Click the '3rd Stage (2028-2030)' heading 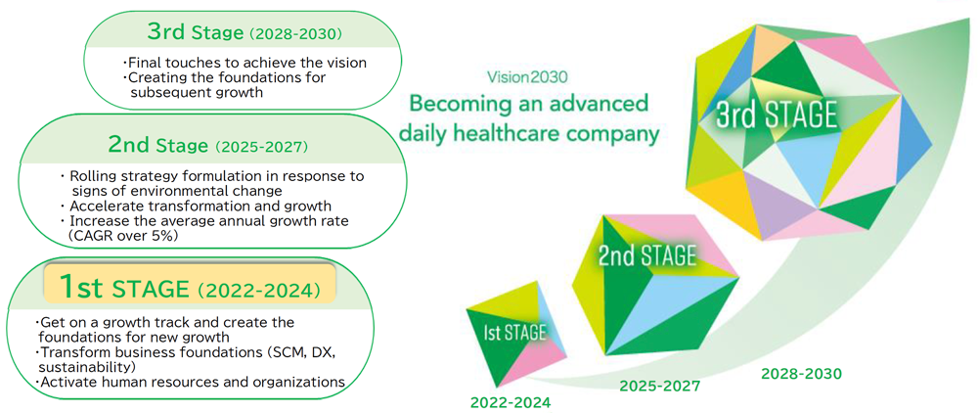pos(244,32)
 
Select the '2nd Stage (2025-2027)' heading pos(207,146)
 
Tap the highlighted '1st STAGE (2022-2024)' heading pos(189,289)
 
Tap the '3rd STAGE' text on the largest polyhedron pos(777,117)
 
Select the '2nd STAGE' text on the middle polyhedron pos(646,255)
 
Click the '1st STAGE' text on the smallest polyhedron pos(515,332)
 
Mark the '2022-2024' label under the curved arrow pos(511,402)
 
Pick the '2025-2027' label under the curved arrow pos(660,387)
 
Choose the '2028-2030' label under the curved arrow pos(801,374)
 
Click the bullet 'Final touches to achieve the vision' pos(244,63)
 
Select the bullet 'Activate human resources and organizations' pos(192,381)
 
